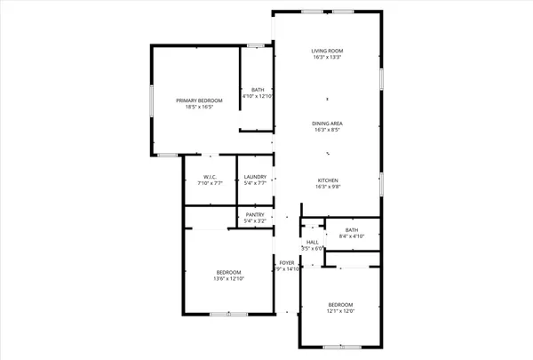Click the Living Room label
327,51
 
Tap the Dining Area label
327,123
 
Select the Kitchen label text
327,180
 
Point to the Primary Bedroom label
197,101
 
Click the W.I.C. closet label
211,177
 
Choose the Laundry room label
255,177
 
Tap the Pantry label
254,214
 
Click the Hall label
312,242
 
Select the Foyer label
286,263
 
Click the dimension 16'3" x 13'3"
327,58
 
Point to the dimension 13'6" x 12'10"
228,279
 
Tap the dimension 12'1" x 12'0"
340,311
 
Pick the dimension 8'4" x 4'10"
352,236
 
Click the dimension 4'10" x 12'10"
258,96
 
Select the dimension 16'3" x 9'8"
327,187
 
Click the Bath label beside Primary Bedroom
258,89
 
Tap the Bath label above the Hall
352,229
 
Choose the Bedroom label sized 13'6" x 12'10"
228,272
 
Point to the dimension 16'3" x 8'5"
327,130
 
